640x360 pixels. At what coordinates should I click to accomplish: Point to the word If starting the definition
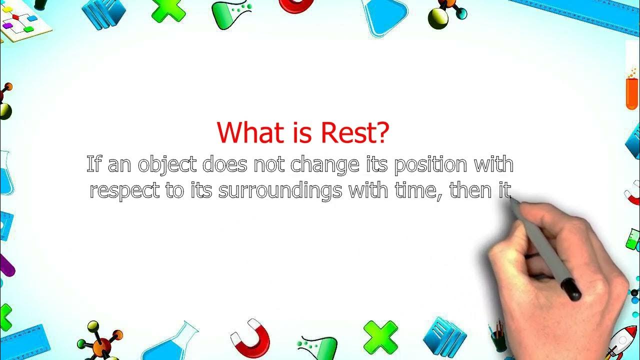(94, 164)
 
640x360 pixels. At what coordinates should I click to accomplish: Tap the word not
(269, 164)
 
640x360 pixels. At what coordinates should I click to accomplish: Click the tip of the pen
(511, 198)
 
